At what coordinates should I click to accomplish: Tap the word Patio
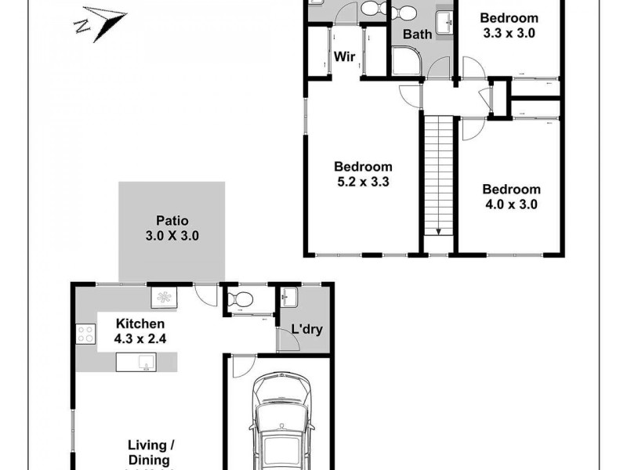[171, 220]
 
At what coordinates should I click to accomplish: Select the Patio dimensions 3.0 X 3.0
[171, 234]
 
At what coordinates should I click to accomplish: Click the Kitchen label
[140, 324]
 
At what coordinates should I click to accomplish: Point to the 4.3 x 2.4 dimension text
[140, 338]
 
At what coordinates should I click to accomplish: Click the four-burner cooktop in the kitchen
[85, 335]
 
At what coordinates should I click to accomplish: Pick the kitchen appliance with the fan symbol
[165, 296]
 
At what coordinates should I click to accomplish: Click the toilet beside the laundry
[240, 298]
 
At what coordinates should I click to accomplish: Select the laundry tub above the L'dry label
[288, 297]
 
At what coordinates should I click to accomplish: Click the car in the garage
[280, 423]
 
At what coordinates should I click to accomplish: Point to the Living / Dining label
[149, 453]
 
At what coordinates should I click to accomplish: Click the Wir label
[345, 56]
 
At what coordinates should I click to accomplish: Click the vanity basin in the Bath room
[443, 22]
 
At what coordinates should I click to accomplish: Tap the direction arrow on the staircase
[439, 230]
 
